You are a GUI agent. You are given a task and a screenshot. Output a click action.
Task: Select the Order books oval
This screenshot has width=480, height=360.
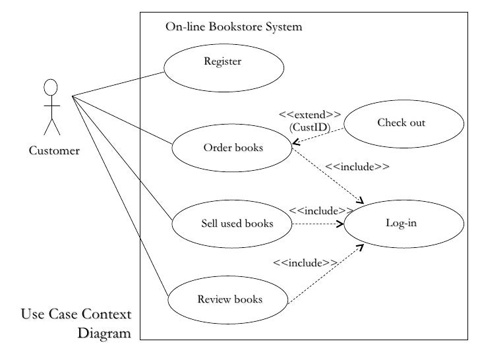tap(232, 148)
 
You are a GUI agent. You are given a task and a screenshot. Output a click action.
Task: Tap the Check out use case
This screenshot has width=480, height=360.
tap(401, 123)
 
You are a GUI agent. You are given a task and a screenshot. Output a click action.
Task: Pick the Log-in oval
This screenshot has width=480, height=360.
tap(401, 224)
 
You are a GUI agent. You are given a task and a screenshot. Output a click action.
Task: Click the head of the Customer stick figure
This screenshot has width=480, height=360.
tap(51, 88)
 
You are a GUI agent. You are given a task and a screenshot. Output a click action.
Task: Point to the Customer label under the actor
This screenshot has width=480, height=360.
tap(54, 151)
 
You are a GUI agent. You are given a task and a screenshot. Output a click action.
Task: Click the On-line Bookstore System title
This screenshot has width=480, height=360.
tap(233, 27)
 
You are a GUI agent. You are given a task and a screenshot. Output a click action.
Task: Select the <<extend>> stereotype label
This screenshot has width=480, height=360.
tap(310, 115)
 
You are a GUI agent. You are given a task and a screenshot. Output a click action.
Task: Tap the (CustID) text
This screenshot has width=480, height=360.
tap(309, 127)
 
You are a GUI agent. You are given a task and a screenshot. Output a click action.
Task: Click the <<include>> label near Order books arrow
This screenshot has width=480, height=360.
tap(357, 167)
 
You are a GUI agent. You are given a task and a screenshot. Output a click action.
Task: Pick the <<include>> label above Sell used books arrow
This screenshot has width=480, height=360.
tap(320, 211)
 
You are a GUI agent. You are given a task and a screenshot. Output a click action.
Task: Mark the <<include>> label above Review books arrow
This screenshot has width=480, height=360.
tap(305, 263)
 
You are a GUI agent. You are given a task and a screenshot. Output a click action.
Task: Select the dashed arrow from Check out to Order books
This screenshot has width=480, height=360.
tap(318, 136)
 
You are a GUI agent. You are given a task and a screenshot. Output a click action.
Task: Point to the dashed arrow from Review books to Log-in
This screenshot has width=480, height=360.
tap(326, 274)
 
